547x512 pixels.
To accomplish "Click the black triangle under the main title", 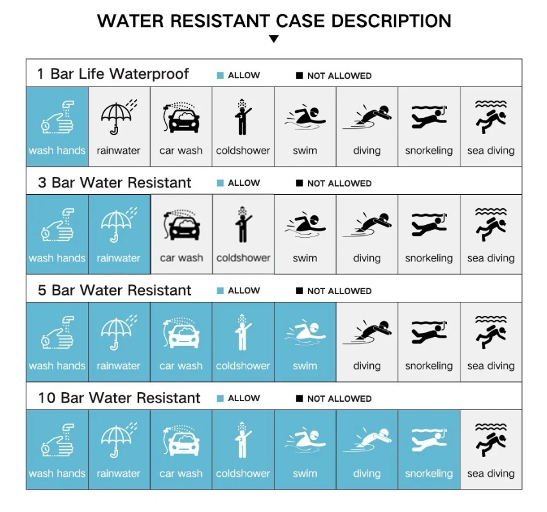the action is click(x=274, y=38).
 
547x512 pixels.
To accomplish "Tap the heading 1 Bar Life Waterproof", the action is click(x=113, y=74).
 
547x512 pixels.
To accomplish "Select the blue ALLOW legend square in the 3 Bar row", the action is click(x=220, y=183).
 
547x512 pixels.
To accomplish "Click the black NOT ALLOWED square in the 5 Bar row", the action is click(x=299, y=291).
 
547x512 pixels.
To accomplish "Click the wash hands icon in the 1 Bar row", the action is click(x=58, y=117).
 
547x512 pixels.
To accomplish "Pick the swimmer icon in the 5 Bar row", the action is click(x=305, y=334).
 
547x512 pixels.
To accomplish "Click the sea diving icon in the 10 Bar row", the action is click(x=491, y=440).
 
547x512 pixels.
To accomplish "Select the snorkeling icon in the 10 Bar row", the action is click(x=429, y=440).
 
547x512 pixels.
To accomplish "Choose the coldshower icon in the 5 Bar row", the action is click(x=243, y=333).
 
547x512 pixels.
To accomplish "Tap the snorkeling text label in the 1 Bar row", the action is click(x=429, y=151).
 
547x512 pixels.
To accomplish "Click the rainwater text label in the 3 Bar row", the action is click(x=119, y=258).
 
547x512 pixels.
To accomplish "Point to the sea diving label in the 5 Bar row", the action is click(x=491, y=366).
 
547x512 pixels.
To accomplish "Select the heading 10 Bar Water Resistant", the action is click(x=119, y=398).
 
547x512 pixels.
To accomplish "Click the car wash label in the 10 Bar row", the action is click(x=181, y=474).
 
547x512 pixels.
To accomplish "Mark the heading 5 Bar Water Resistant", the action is click(x=114, y=290).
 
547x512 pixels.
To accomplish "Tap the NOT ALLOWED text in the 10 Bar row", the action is click(x=339, y=399).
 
